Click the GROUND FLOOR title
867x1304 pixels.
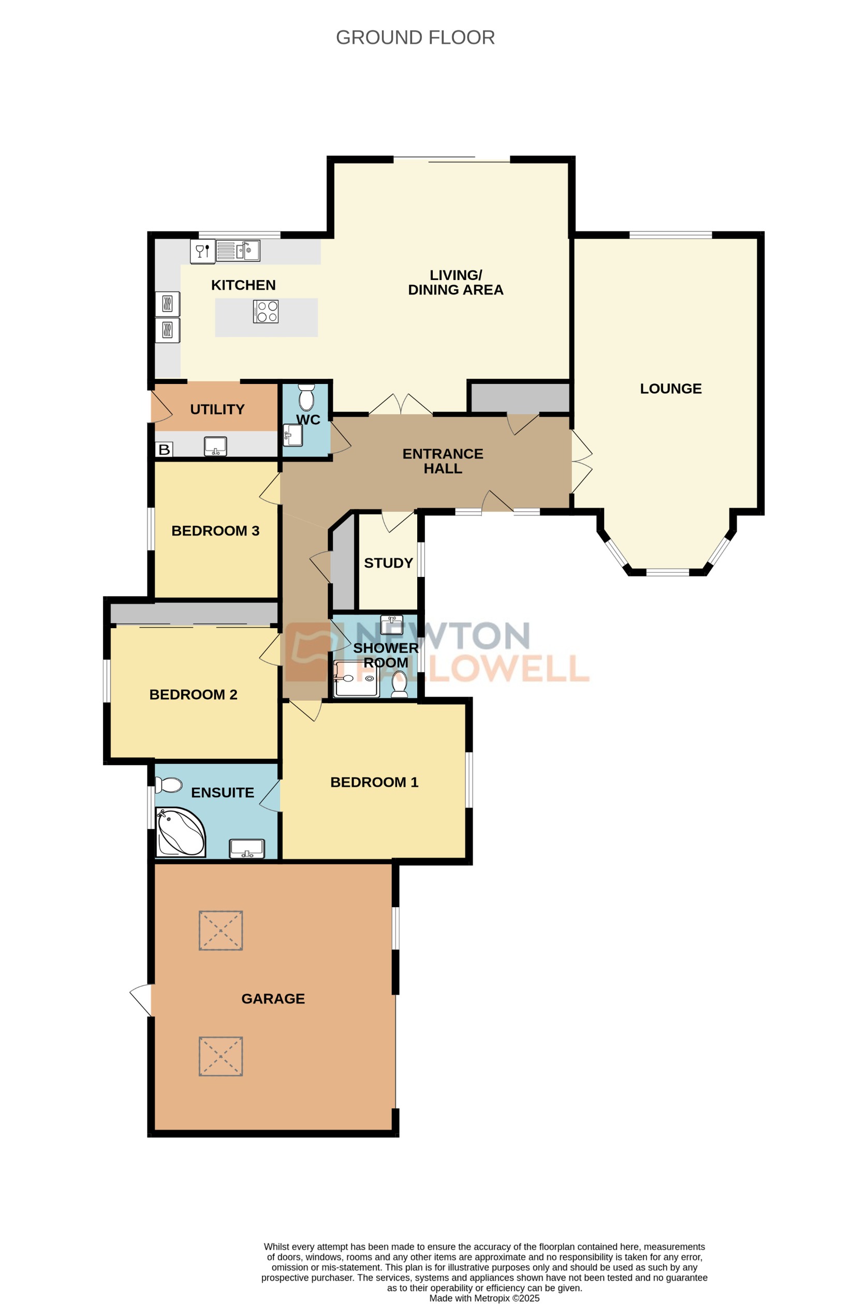pos(415,38)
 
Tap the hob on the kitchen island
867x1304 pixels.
pos(266,312)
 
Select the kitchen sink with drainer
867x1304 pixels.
pos(238,250)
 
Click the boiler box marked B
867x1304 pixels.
pos(164,449)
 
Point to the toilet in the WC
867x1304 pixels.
pos(306,397)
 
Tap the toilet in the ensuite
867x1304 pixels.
pos(169,785)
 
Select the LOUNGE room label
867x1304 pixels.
pos(670,389)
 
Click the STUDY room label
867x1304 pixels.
pos(388,562)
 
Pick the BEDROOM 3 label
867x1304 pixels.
pos(215,531)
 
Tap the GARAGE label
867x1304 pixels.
pos(273,998)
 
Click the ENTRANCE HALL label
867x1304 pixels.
pos(443,461)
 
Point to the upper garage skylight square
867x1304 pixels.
pos(221,930)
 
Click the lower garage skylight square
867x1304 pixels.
pos(221,1056)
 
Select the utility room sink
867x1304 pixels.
pos(216,446)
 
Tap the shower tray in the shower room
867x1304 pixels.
pos(356,678)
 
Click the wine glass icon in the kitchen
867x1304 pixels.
pos(202,251)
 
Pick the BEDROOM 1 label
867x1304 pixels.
pos(374,782)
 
